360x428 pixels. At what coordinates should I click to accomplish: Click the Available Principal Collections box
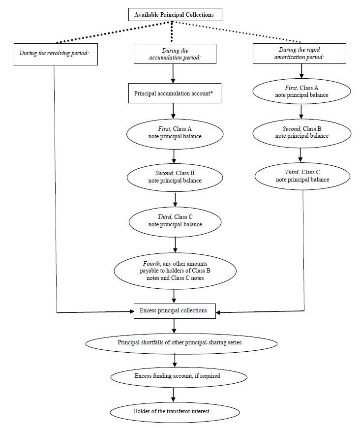pyautogui.click(x=175, y=14)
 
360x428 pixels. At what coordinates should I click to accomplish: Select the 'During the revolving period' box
pyautogui.click(x=56, y=54)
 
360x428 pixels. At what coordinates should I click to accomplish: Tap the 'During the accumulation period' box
pyautogui.click(x=175, y=54)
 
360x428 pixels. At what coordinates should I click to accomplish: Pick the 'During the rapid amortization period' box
pyautogui.click(x=300, y=54)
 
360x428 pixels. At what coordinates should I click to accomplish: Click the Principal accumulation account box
pyautogui.click(x=175, y=93)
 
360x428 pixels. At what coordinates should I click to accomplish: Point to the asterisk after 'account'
pyautogui.click(x=211, y=93)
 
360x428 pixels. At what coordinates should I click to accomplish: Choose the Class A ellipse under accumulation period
pyautogui.click(x=175, y=134)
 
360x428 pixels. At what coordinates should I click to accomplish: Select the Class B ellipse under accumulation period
pyautogui.click(x=175, y=177)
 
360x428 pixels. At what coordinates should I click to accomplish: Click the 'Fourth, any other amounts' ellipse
pyautogui.click(x=175, y=271)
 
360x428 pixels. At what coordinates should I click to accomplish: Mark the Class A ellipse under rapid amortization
pyautogui.click(x=301, y=92)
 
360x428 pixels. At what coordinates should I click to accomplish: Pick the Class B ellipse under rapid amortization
pyautogui.click(x=302, y=133)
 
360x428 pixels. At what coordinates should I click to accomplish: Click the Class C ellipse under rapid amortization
pyautogui.click(x=302, y=176)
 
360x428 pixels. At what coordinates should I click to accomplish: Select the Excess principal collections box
pyautogui.click(x=175, y=311)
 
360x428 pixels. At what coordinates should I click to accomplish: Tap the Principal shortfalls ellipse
pyautogui.click(x=181, y=343)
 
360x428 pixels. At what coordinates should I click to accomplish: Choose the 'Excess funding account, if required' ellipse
pyautogui.click(x=179, y=377)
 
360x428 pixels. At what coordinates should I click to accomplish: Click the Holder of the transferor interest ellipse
pyautogui.click(x=175, y=412)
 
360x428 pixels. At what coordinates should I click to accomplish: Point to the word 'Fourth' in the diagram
pyautogui.click(x=151, y=264)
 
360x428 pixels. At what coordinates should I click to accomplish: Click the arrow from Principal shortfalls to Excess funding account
pyautogui.click(x=175, y=360)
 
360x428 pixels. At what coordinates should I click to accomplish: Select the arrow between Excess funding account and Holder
pyautogui.click(x=173, y=395)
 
